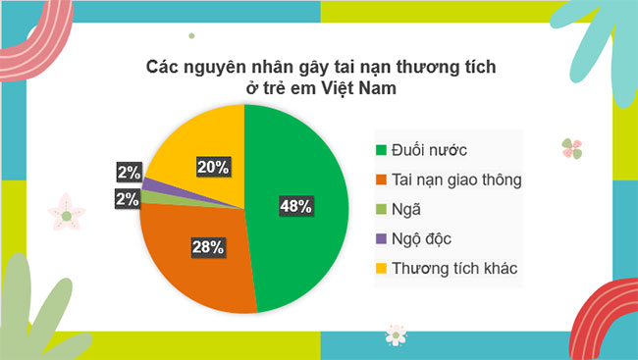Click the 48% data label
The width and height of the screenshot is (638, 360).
point(295,206)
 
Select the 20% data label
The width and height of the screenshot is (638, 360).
point(213,167)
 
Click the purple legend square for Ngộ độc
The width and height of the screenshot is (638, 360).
point(380,238)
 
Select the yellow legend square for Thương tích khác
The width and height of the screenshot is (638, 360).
point(380,268)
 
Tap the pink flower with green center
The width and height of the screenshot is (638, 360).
point(66,213)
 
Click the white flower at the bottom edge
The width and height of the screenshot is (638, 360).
point(395,334)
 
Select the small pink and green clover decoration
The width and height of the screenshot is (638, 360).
point(572,148)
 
